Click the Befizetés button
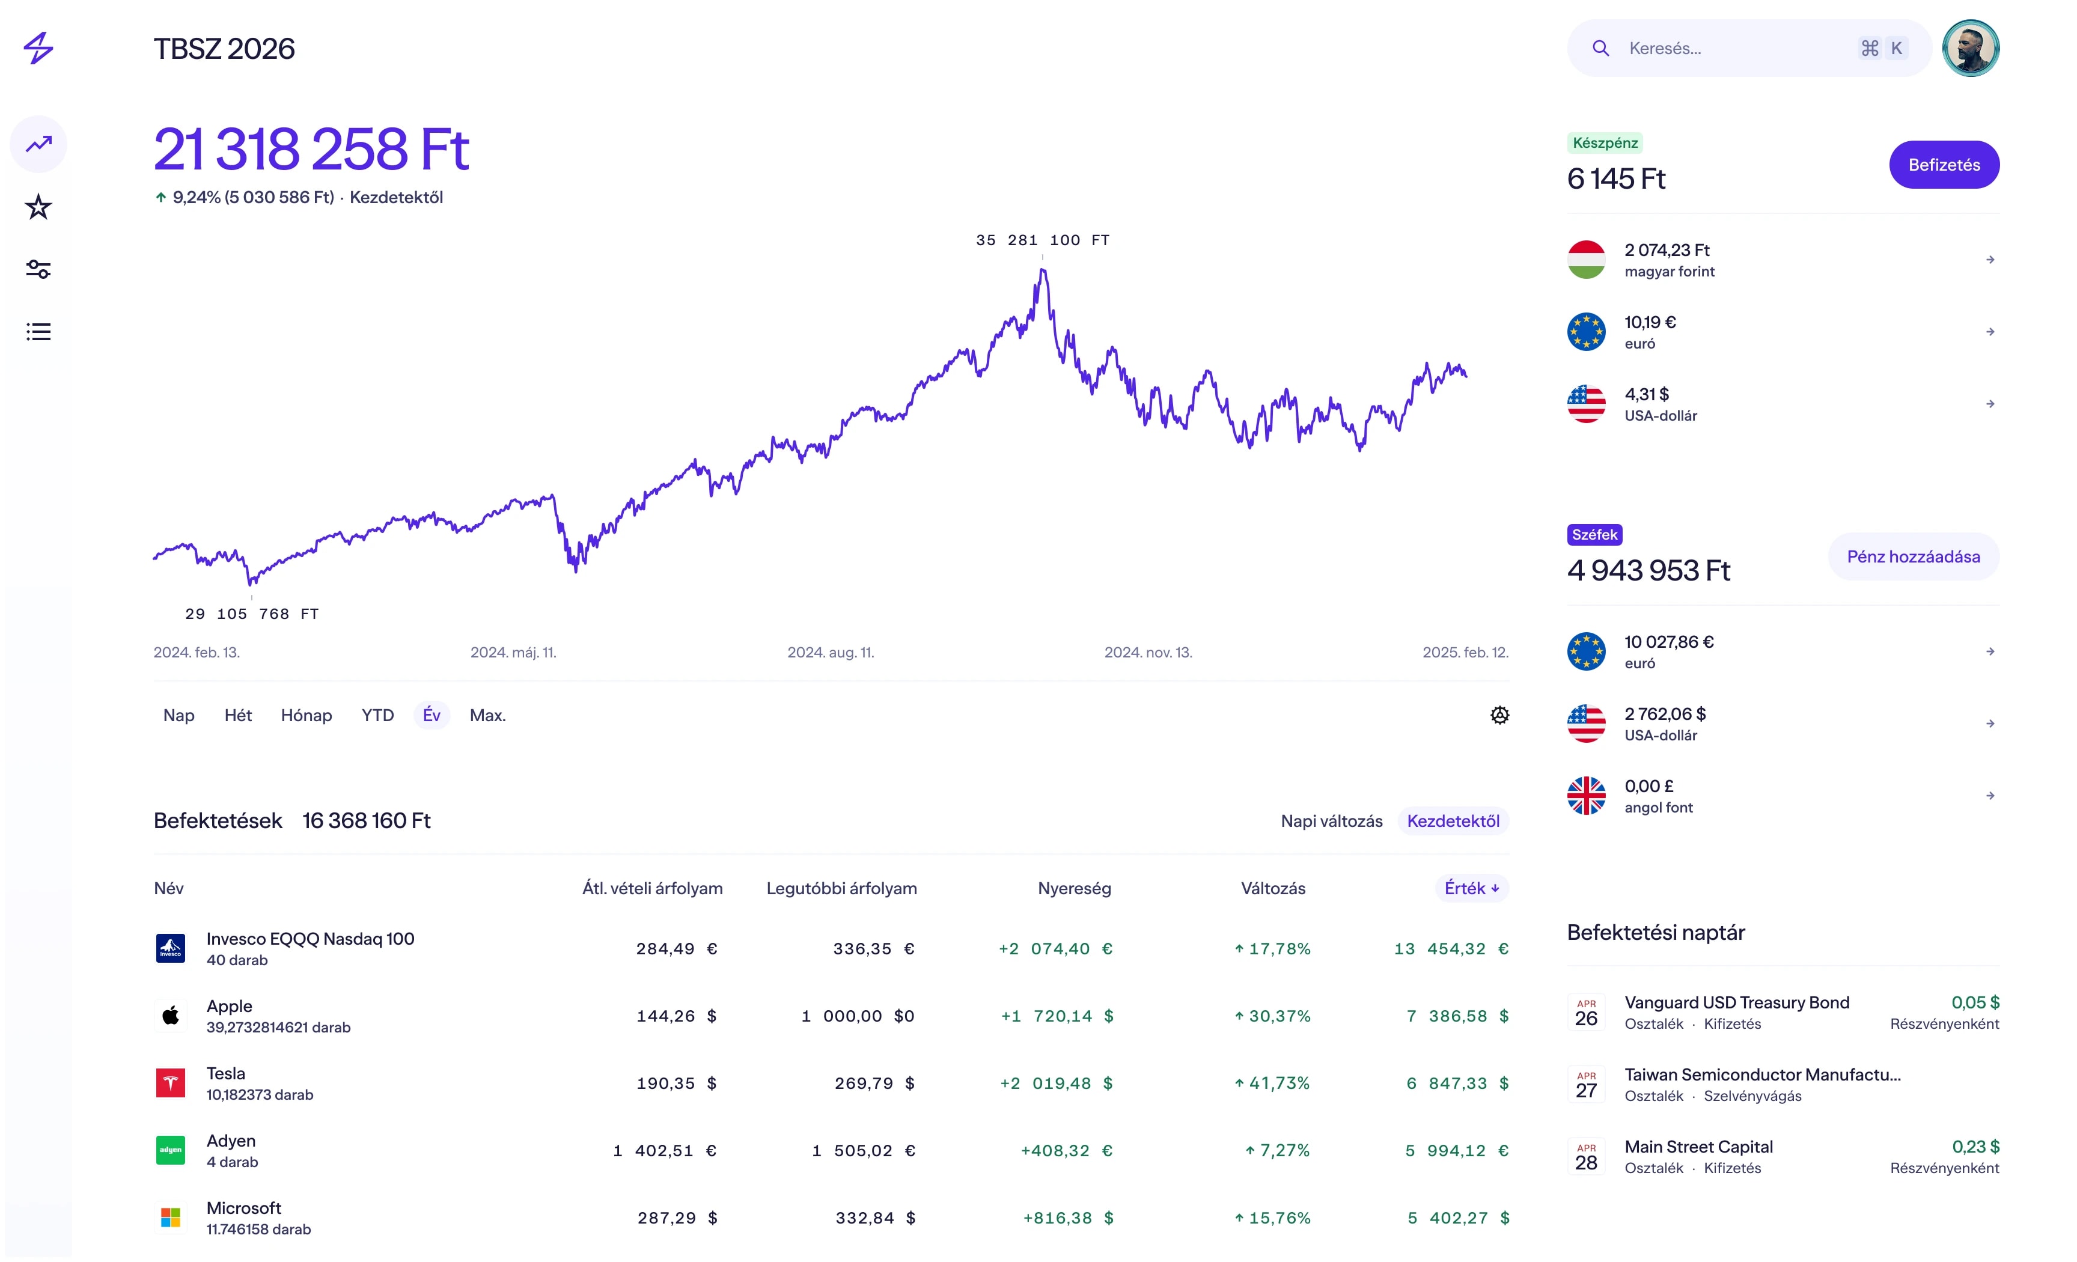(x=1943, y=165)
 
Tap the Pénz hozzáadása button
(x=1912, y=556)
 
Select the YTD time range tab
(x=377, y=715)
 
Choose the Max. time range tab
(x=487, y=715)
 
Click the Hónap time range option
(x=306, y=715)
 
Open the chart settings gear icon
(x=1499, y=715)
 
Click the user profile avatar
(x=1970, y=48)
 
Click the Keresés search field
(x=1736, y=48)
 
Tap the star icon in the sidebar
(x=38, y=207)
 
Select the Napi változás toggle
(x=1331, y=820)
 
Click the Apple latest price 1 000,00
(x=858, y=1016)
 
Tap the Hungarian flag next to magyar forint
(x=1585, y=260)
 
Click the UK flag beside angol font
(x=1585, y=796)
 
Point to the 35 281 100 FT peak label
(x=1042, y=240)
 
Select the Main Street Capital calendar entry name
(x=1698, y=1147)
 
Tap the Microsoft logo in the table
(x=170, y=1218)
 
